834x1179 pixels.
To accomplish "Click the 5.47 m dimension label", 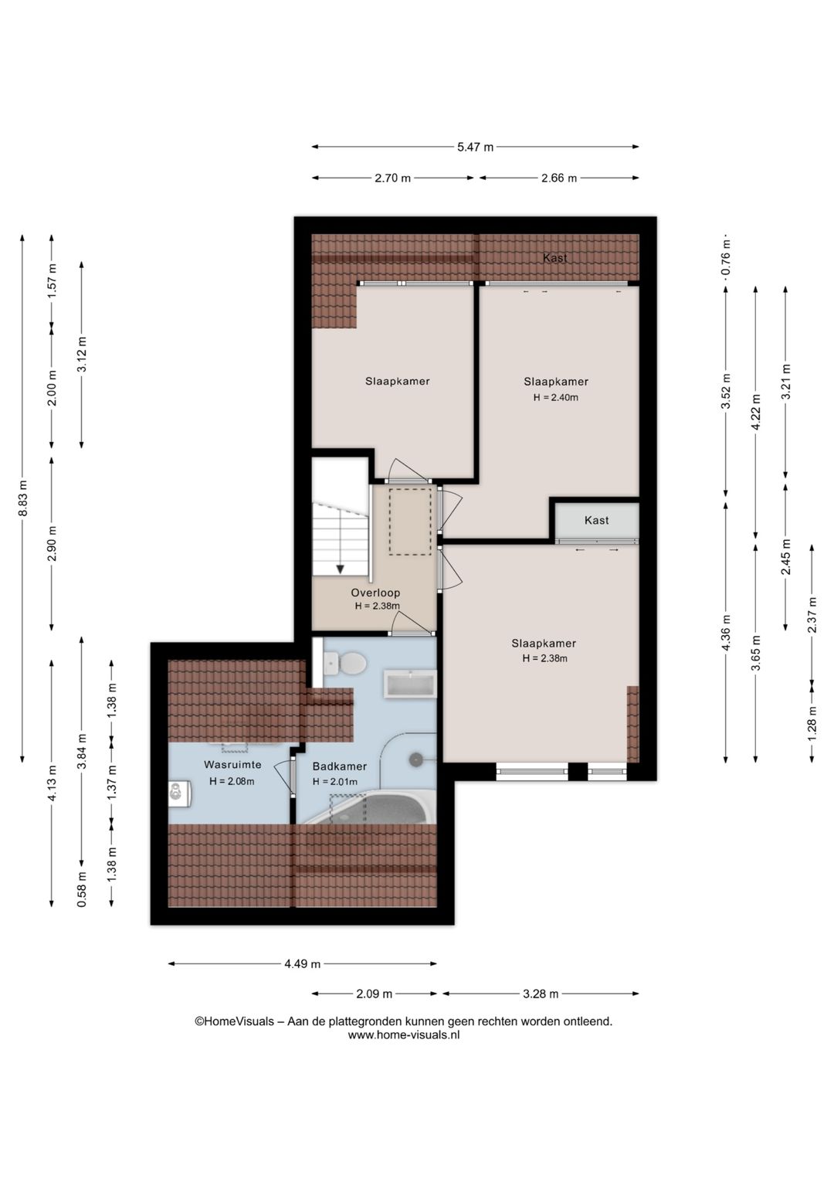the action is tap(475, 147).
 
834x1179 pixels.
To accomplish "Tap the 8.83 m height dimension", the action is tap(22, 498).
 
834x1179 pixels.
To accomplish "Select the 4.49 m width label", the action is tap(302, 964).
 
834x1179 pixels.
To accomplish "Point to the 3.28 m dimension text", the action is tap(541, 994).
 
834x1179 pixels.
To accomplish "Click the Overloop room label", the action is tap(376, 593).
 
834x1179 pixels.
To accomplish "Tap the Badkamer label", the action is tap(339, 766).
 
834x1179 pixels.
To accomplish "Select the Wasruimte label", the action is tap(232, 764).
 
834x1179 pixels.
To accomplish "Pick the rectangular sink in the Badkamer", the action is tap(410, 685).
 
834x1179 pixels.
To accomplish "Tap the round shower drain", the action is tap(416, 759).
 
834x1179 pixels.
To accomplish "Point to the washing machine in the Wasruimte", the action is tap(179, 793).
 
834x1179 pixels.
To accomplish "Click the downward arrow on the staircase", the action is tap(341, 569).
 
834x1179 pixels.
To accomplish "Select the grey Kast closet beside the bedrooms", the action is tap(597, 520).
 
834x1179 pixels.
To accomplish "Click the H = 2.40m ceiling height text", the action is tap(556, 398).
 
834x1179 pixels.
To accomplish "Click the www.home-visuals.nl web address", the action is tap(404, 1035).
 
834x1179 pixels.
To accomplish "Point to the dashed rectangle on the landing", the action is tap(410, 521).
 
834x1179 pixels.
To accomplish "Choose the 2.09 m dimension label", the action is tap(374, 994).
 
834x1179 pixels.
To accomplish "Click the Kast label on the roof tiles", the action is tap(555, 258).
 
